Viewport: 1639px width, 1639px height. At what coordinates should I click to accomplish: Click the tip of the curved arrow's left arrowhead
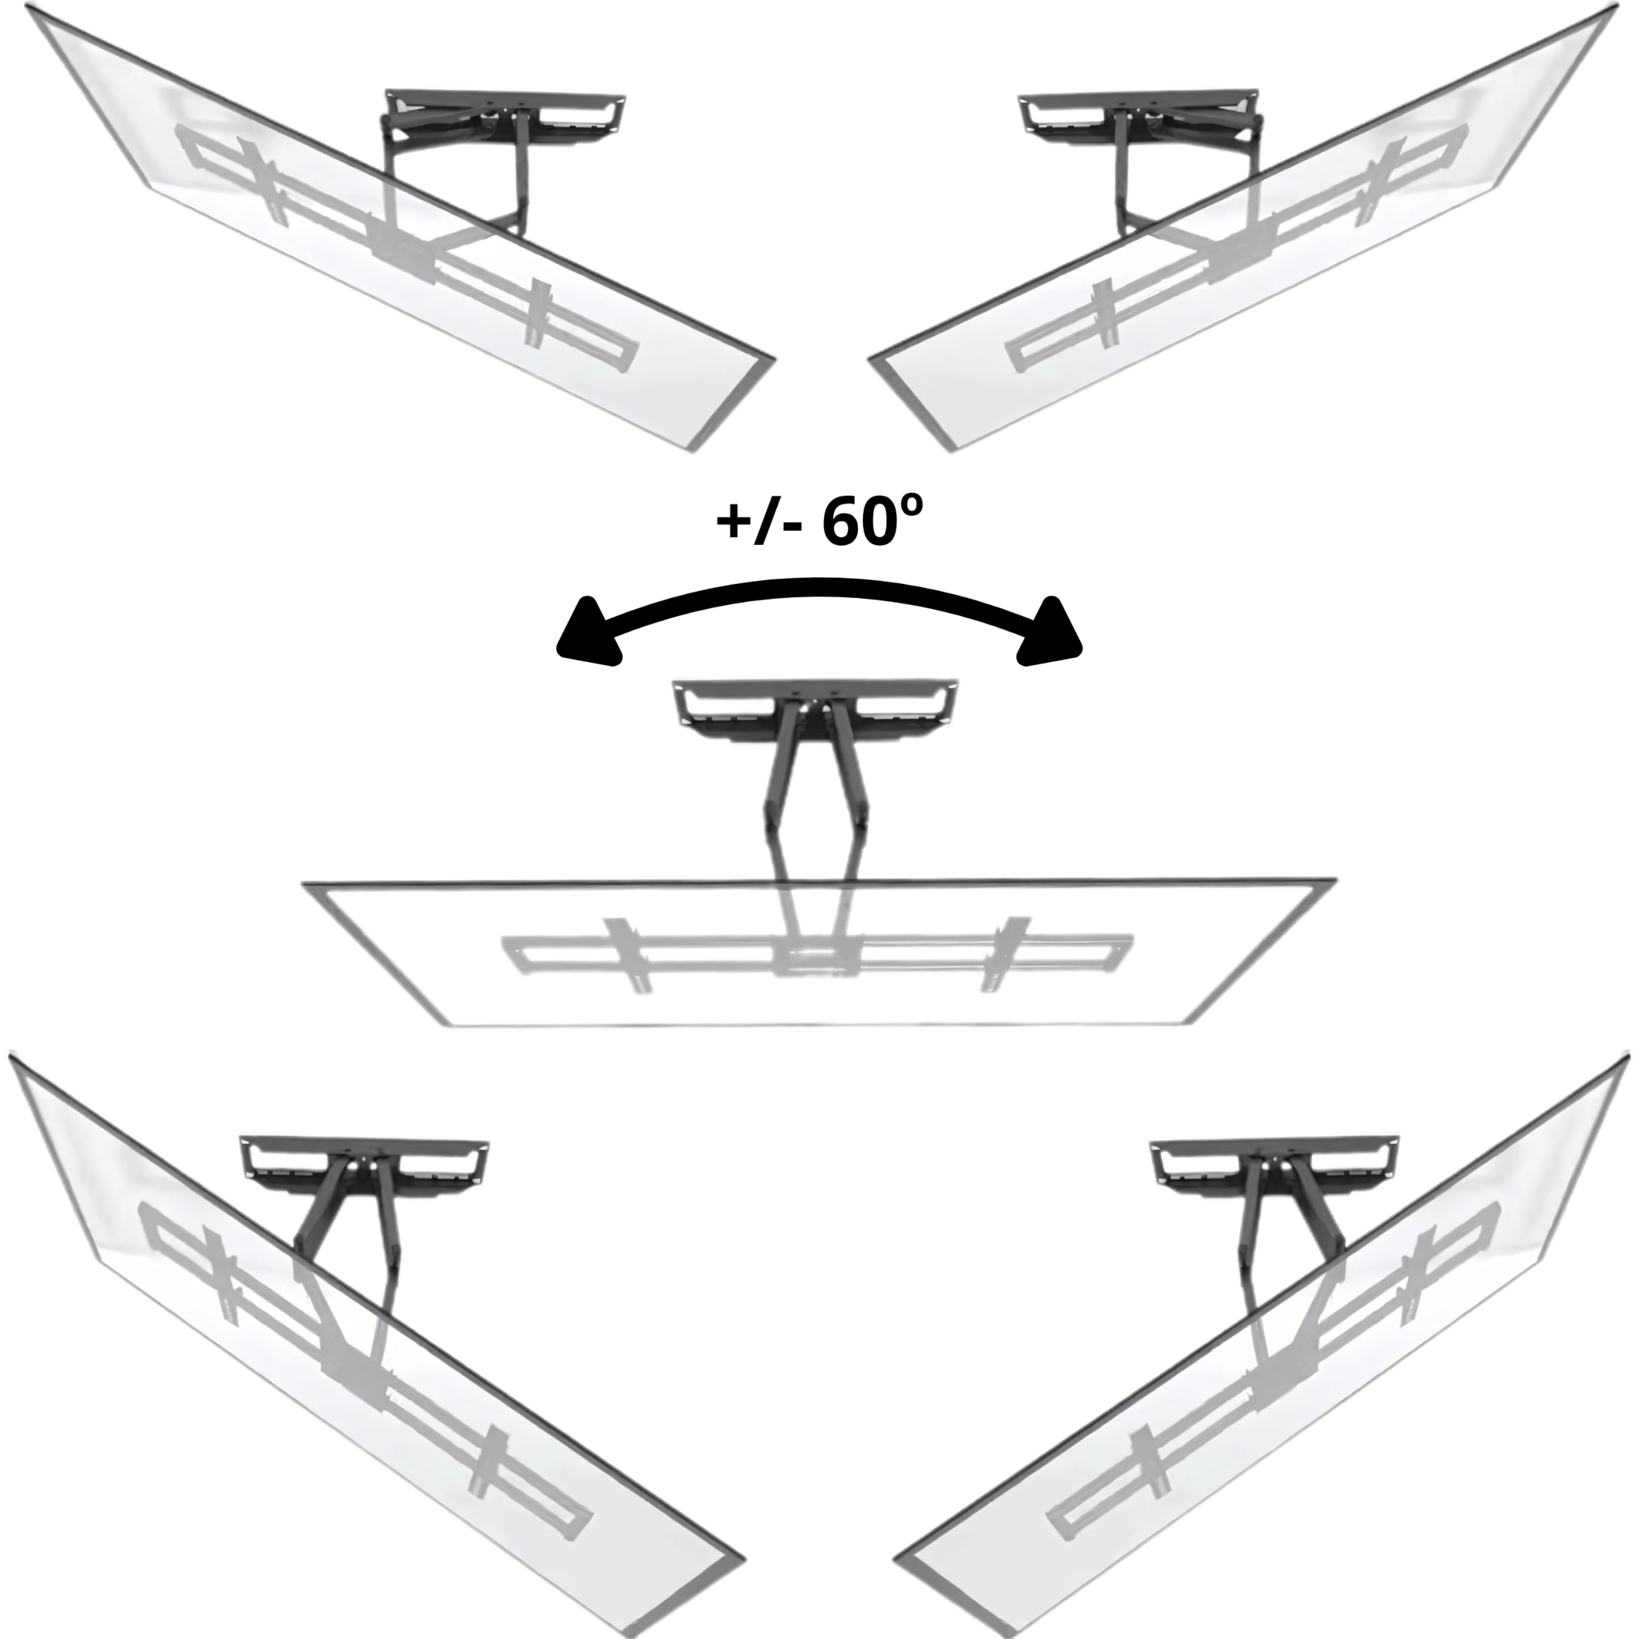[557, 652]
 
